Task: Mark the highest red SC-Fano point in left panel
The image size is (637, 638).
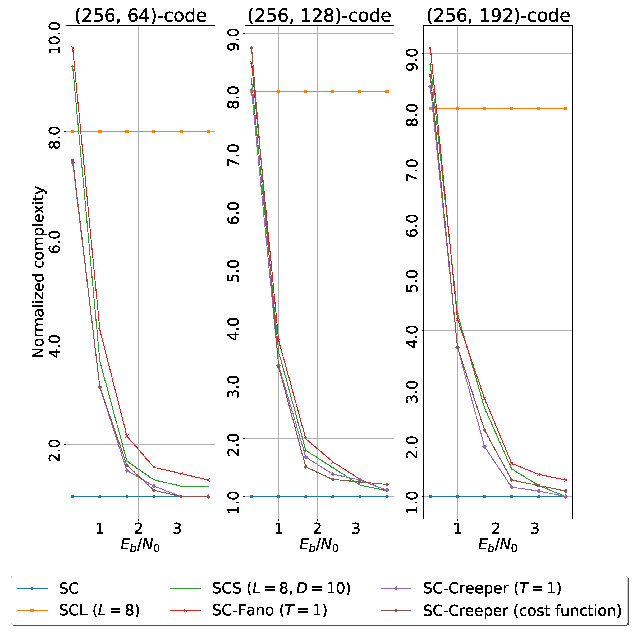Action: pyautogui.click(x=73, y=48)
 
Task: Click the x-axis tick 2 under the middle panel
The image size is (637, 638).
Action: pyautogui.click(x=317, y=529)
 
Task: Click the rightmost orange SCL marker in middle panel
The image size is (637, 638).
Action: pyautogui.click(x=387, y=91)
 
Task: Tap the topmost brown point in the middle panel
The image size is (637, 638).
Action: pyautogui.click(x=251, y=48)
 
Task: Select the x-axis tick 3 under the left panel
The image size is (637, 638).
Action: pyautogui.click(x=177, y=529)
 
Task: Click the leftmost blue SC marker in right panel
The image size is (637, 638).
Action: pyautogui.click(x=430, y=497)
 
